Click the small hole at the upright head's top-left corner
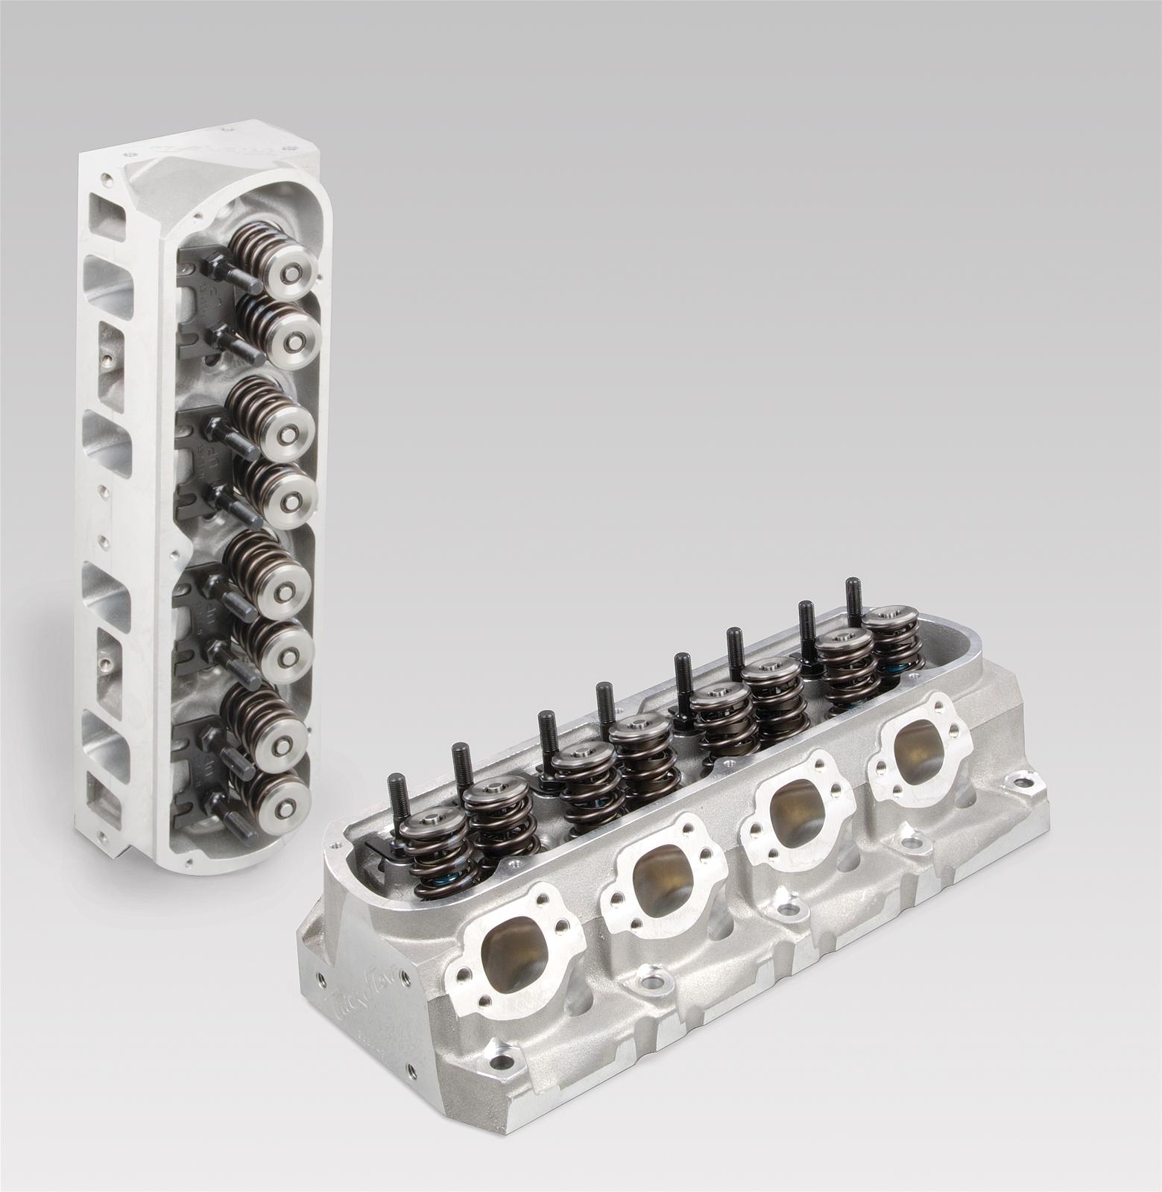109,178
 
